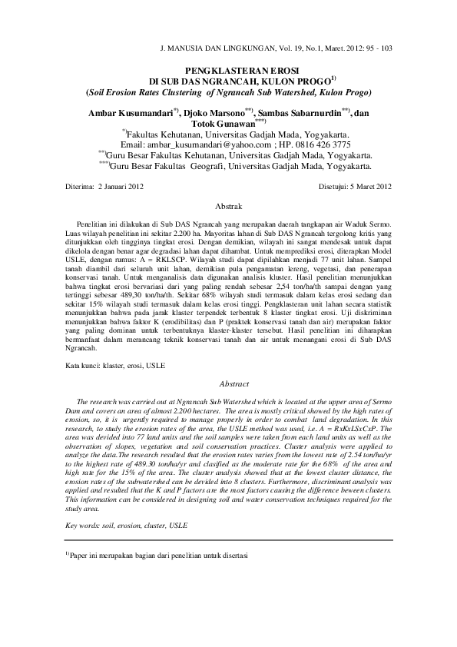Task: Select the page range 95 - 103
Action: point(376,48)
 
